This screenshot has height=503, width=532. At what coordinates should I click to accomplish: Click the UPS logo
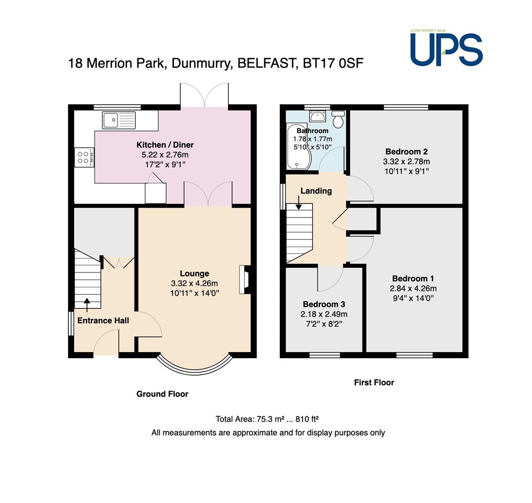click(446, 48)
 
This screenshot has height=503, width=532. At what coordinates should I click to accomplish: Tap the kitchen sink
click(119, 120)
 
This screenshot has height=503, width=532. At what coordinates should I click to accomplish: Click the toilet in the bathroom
click(338, 119)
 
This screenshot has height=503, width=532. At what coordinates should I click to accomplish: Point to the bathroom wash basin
click(317, 116)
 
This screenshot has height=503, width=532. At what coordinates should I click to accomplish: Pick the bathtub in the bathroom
click(298, 147)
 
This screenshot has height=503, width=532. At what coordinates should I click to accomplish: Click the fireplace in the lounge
click(245, 279)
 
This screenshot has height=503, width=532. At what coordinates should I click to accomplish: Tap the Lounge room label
click(195, 273)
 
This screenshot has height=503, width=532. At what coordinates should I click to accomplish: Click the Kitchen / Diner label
click(165, 145)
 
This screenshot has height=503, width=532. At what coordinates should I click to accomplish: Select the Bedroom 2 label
click(406, 152)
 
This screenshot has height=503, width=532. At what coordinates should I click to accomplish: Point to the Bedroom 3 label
click(324, 304)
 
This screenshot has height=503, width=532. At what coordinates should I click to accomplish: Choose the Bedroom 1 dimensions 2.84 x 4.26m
click(413, 288)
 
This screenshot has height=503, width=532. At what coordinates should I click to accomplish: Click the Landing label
click(316, 191)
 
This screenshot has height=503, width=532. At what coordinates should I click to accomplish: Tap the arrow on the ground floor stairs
click(87, 305)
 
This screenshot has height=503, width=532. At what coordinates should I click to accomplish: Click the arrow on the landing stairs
click(299, 203)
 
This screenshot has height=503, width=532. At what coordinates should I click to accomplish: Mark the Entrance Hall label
click(103, 321)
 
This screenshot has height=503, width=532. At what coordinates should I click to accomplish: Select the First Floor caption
click(374, 382)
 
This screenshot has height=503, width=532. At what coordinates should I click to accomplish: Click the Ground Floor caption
click(162, 394)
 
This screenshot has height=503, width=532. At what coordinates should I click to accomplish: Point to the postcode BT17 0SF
click(333, 63)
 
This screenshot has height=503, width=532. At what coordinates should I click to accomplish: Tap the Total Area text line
click(267, 419)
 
